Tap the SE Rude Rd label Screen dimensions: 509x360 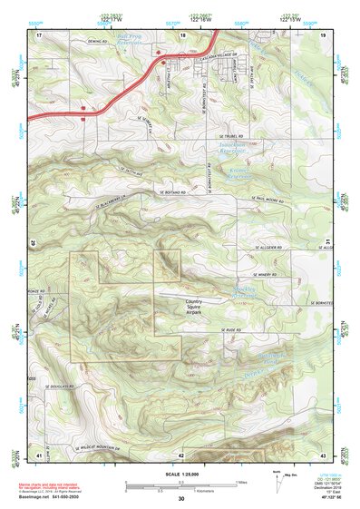[236, 329]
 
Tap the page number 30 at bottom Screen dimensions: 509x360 [180, 499]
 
